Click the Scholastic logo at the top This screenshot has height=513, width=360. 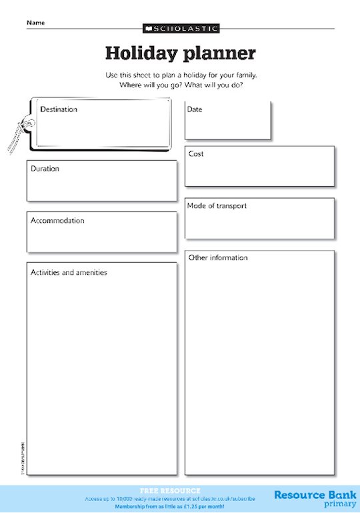pyautogui.click(x=181, y=29)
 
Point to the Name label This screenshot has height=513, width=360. pyautogui.click(x=35, y=23)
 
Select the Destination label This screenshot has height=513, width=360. pyautogui.click(x=59, y=109)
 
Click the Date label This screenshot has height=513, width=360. pyautogui.click(x=195, y=109)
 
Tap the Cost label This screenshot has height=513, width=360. pyautogui.click(x=196, y=154)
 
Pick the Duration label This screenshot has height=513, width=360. pyautogui.click(x=45, y=169)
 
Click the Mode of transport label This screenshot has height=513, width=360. pyautogui.click(x=217, y=206)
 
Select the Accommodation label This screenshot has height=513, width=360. pyautogui.click(x=57, y=221)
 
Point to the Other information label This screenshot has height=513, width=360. pyautogui.click(x=218, y=258)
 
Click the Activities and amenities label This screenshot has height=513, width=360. pyautogui.click(x=69, y=272)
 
